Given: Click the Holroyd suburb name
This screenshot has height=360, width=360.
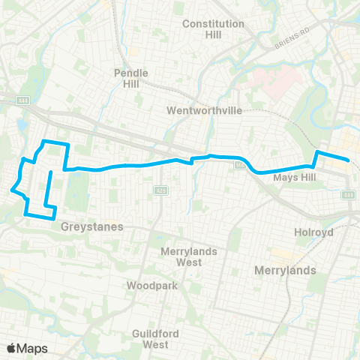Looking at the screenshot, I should pyautogui.click(x=313, y=232).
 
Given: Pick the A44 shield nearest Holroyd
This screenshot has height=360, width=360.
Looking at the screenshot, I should pyautogui.click(x=348, y=195).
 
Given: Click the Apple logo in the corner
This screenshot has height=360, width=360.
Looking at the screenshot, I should pyautogui.click(x=11, y=348).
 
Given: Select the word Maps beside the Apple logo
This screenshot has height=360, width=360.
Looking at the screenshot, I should pyautogui.click(x=32, y=348).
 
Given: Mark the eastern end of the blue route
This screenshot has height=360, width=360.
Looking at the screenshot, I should pyautogui.click(x=349, y=160).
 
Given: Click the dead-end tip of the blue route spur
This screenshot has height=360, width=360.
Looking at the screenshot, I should pyautogui.click(x=50, y=173).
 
